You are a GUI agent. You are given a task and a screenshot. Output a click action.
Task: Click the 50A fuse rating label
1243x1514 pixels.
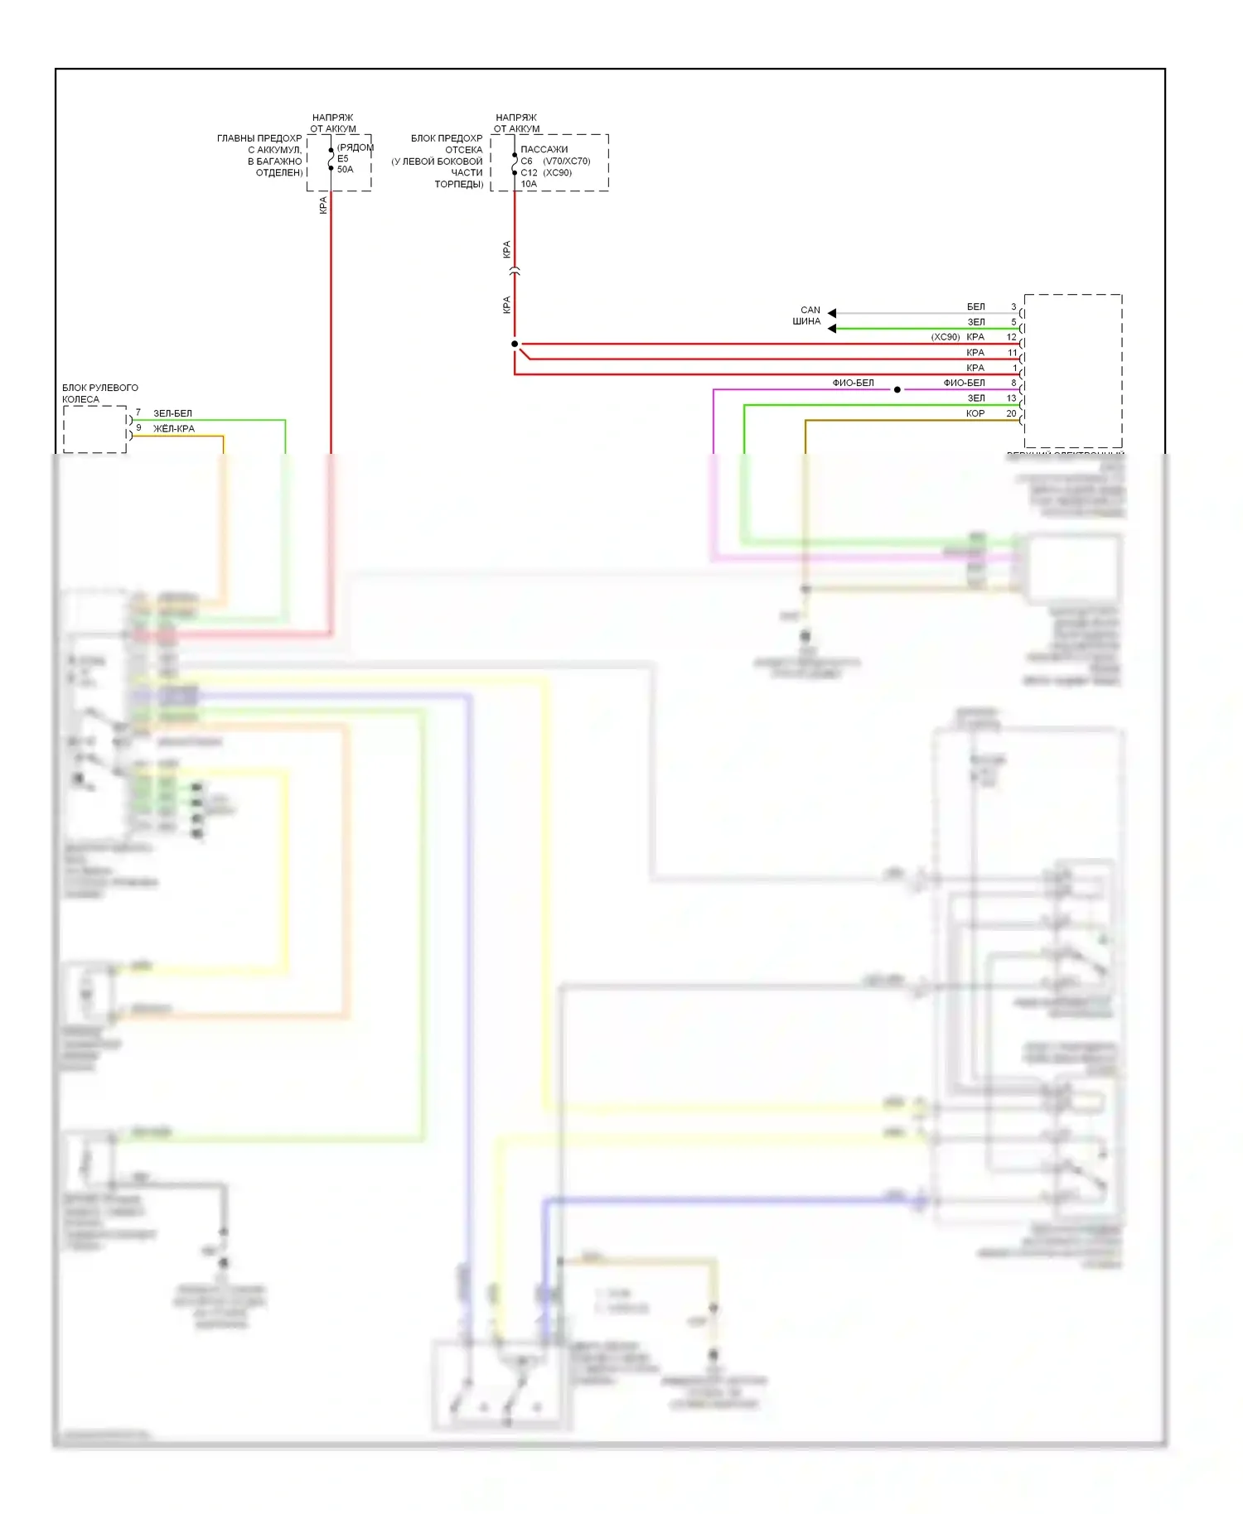pyautogui.click(x=345, y=170)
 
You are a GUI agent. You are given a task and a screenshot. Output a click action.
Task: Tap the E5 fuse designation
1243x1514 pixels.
pyautogui.click(x=343, y=159)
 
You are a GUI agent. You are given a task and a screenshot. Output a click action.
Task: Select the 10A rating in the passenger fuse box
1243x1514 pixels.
pyautogui.click(x=529, y=184)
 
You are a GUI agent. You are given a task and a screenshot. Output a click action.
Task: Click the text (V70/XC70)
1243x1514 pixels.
pyautogui.click(x=567, y=162)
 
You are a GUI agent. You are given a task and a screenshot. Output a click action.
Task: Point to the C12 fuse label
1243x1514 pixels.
pyautogui.click(x=529, y=173)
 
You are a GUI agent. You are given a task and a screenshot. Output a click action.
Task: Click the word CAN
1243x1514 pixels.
pyautogui.click(x=810, y=310)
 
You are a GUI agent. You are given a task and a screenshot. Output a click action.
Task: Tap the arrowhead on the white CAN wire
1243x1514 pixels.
pyautogui.click(x=832, y=313)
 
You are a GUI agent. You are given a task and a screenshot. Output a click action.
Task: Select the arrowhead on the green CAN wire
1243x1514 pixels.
pyautogui.click(x=832, y=329)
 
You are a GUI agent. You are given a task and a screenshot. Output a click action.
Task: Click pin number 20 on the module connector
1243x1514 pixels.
pyautogui.click(x=1011, y=413)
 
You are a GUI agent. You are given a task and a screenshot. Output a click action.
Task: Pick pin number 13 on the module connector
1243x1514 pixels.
pyautogui.click(x=1011, y=398)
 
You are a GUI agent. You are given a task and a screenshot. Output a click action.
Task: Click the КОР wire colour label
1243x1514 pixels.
pyautogui.click(x=975, y=413)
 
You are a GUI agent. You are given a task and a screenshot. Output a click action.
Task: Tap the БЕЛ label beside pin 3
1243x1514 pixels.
pyautogui.click(x=976, y=307)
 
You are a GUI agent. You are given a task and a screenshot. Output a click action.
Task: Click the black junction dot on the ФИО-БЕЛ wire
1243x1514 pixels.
pyautogui.click(x=897, y=389)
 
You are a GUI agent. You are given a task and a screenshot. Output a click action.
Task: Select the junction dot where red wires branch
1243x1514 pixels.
pyautogui.click(x=515, y=344)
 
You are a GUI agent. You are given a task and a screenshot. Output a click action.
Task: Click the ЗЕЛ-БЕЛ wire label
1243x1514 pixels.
pyautogui.click(x=172, y=413)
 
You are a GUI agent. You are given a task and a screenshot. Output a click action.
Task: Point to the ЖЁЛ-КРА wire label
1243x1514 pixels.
pyautogui.click(x=174, y=429)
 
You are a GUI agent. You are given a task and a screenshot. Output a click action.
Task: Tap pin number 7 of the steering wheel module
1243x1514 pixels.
pyautogui.click(x=138, y=412)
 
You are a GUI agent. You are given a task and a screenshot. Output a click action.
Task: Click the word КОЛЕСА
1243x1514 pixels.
pyautogui.click(x=80, y=399)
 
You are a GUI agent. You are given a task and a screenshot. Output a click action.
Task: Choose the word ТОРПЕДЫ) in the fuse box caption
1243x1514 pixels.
pyautogui.click(x=459, y=184)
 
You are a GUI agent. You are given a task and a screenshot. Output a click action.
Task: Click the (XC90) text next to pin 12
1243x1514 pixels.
pyautogui.click(x=946, y=337)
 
